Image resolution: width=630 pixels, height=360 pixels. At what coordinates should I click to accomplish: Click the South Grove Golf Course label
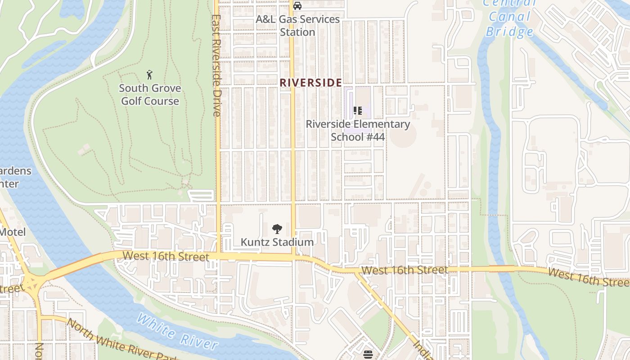pos(150,94)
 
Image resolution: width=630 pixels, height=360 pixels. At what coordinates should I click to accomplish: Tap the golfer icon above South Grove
pos(149,75)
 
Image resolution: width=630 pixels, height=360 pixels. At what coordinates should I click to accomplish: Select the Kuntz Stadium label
pos(277,242)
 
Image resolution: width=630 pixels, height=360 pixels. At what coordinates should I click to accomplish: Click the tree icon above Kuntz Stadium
pos(277,229)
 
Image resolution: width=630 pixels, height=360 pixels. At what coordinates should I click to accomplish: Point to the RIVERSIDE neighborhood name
pos(310,83)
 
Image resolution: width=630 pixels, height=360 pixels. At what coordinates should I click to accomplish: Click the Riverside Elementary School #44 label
pos(358,130)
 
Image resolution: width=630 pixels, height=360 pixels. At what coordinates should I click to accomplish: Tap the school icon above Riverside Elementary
pos(358,111)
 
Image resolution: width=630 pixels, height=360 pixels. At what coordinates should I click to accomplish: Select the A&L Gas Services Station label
pos(297,26)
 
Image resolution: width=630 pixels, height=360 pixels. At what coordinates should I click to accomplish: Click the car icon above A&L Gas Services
pos(297,6)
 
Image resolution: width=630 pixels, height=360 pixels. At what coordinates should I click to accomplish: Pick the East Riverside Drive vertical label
pos(216,66)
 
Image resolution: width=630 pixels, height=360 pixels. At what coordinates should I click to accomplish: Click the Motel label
pos(13,232)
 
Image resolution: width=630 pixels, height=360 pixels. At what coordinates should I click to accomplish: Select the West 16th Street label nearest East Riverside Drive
pos(166,256)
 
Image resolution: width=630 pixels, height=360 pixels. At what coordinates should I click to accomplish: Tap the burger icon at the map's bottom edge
pos(368,355)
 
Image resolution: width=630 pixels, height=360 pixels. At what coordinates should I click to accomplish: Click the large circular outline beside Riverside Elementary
pos(403,135)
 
